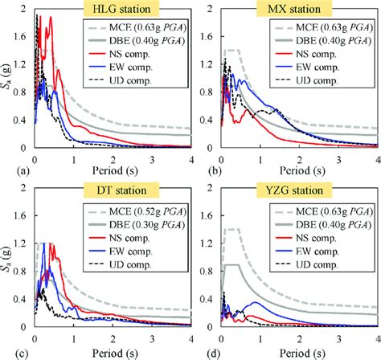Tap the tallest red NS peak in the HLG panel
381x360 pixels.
51,17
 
